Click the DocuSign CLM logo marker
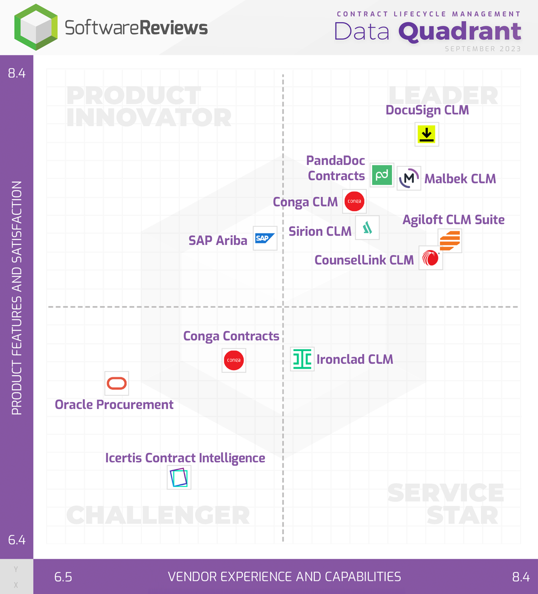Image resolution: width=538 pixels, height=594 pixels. click(427, 134)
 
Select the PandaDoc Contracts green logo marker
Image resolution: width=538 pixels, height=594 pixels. click(382, 175)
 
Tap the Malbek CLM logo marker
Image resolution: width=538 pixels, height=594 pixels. click(409, 178)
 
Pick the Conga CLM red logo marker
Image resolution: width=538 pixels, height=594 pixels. click(354, 201)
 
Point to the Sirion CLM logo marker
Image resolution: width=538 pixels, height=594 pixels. click(368, 228)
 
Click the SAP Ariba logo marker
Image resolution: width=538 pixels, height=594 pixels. click(265, 238)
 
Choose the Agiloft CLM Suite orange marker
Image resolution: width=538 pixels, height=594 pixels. click(450, 240)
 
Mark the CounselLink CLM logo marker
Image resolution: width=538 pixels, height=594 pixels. click(431, 258)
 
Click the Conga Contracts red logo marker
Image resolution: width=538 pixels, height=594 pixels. click(234, 360)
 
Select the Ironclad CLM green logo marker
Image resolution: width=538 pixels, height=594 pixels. click(302, 359)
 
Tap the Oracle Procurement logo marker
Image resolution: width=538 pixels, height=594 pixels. click(117, 384)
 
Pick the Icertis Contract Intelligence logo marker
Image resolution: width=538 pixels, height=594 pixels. click(179, 477)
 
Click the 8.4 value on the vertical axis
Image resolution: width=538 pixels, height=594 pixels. click(17, 73)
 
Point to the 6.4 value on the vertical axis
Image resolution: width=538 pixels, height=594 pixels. click(17, 540)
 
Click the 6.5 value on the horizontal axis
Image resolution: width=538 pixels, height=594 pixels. click(63, 577)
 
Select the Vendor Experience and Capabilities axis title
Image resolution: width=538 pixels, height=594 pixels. click(285, 577)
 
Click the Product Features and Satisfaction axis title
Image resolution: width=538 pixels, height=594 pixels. click(17, 298)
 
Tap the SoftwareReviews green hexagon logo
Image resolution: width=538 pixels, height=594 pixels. click(36, 27)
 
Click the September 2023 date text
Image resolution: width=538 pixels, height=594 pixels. click(483, 49)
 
